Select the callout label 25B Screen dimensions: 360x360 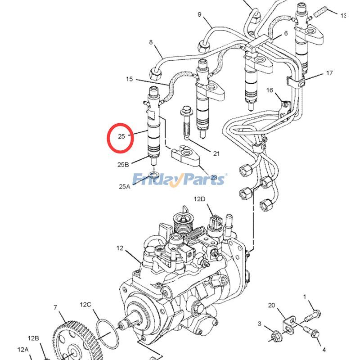pyautogui.click(x=123, y=165)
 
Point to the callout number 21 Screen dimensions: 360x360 pyautogui.click(x=216, y=153)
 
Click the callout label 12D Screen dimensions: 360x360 pyautogui.click(x=199, y=198)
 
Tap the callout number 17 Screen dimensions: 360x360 pyautogui.click(x=329, y=73)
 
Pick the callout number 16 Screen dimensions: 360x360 pyautogui.click(x=270, y=90)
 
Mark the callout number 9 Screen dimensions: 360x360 pyautogui.click(x=199, y=14)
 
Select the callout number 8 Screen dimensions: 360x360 pyautogui.click(x=151, y=43)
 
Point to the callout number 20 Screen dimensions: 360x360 pyautogui.click(x=271, y=305)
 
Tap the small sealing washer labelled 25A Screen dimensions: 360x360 pyautogui.click(x=154, y=173)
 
